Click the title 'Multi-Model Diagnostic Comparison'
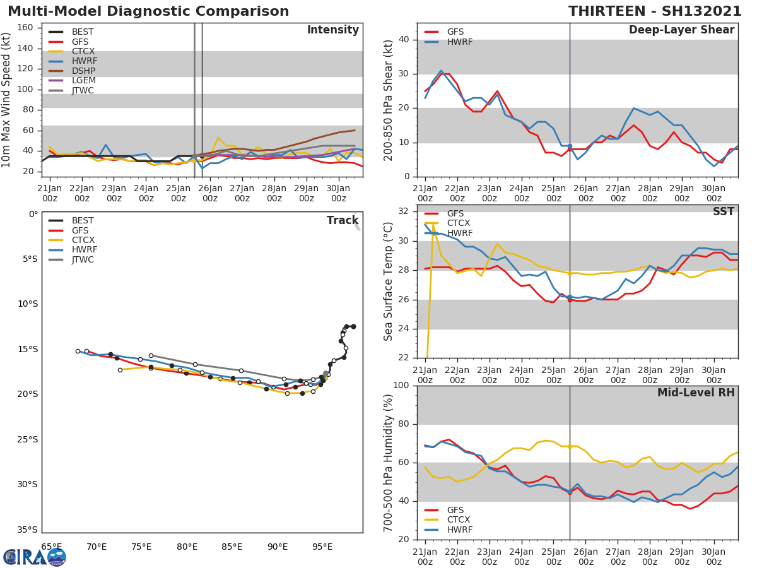click(148, 11)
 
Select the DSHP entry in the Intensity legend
click(83, 71)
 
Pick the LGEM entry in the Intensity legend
click(83, 81)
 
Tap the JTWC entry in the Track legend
click(83, 260)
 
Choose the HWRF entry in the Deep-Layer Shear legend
click(459, 42)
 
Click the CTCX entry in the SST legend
click(459, 223)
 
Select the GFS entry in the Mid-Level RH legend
click(459, 510)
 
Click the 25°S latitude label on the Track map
click(28, 440)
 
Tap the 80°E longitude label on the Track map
click(187, 547)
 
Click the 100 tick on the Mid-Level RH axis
click(402, 386)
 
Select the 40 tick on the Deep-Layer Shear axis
click(404, 40)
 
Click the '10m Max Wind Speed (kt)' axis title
click(7, 100)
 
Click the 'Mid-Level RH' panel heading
click(696, 393)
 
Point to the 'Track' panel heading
click(343, 221)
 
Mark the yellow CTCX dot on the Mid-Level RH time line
click(570, 446)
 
